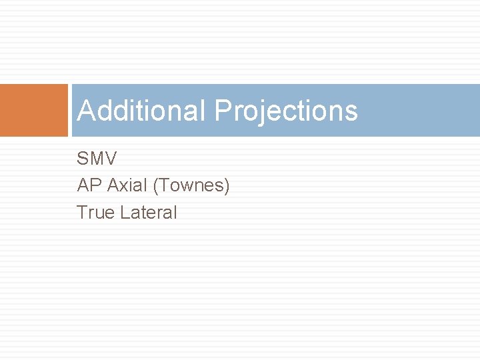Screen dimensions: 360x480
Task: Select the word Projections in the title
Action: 286,111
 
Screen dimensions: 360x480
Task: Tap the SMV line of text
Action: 97,159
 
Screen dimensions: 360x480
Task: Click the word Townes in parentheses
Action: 191,185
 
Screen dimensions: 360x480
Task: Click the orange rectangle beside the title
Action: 33,110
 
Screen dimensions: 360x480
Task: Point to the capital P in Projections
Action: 223,111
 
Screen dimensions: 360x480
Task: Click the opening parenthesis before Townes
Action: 156,186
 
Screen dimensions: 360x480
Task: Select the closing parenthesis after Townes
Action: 227,186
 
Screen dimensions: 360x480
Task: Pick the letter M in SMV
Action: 97,159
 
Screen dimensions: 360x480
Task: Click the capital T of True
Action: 82,213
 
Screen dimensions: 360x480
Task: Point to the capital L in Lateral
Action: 121,213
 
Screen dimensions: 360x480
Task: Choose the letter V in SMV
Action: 111,159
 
